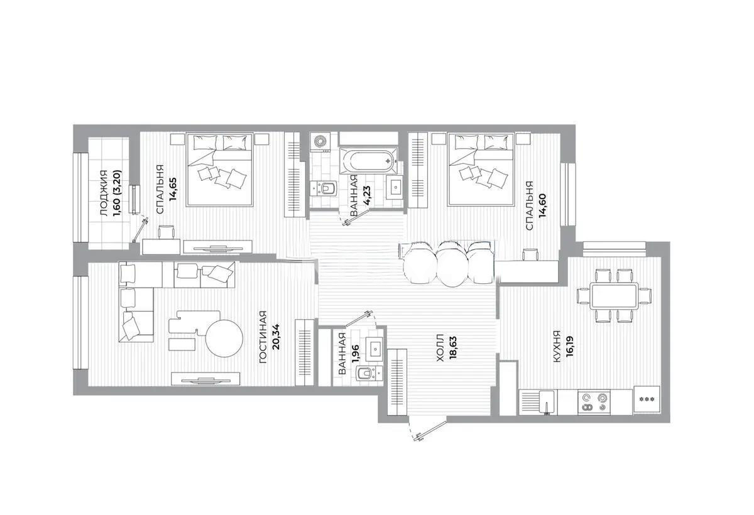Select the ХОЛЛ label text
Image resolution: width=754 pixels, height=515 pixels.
point(440,349)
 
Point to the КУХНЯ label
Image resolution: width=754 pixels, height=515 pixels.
point(556,349)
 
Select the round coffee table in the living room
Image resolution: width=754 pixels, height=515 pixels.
point(224,339)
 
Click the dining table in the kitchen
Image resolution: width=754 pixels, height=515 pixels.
point(613,295)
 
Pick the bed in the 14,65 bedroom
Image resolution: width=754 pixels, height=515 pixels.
point(219,169)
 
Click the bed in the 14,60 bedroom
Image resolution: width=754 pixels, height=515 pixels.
point(480,169)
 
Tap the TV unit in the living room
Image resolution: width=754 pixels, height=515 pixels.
point(206,379)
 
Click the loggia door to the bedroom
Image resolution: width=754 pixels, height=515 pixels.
point(139,229)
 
